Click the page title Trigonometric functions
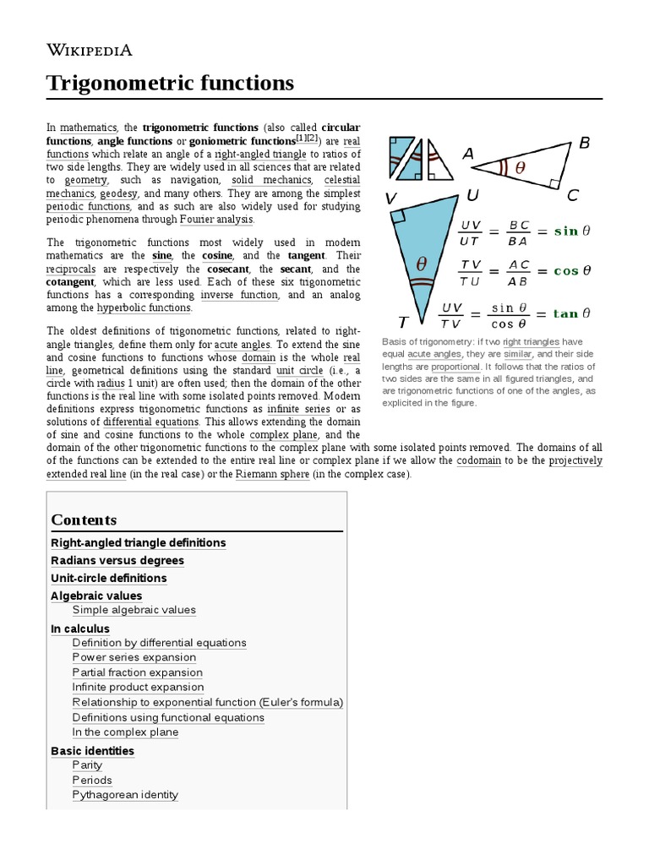[x=170, y=83]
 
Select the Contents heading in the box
[x=84, y=520]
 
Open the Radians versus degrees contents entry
[x=117, y=560]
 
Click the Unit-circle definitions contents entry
[x=109, y=578]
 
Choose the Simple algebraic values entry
[x=134, y=610]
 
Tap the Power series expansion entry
[x=134, y=657]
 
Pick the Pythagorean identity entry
[x=125, y=795]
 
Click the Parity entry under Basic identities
[x=87, y=765]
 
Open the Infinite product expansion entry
[x=138, y=688]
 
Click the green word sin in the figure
[x=565, y=231]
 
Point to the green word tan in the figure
[x=565, y=313]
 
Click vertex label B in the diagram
[x=584, y=144]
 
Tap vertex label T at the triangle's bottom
[x=404, y=322]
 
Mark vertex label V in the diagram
[x=390, y=199]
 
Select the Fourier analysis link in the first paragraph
[x=215, y=220]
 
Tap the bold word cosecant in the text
[x=228, y=269]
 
